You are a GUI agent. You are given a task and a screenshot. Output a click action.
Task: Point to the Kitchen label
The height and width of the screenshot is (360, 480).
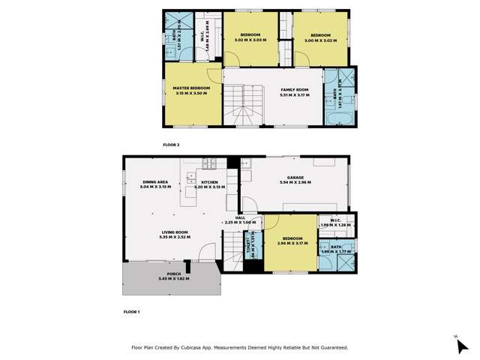coord(209,181)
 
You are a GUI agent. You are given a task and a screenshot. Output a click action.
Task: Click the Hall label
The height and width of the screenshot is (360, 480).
coord(240,217)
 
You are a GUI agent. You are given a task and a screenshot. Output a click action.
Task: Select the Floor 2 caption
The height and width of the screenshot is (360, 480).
coord(172,144)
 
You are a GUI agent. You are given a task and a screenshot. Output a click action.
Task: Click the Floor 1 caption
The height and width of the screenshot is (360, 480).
coord(132,310)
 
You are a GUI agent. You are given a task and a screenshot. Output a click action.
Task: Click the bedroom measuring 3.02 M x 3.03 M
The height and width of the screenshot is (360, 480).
coord(250,37)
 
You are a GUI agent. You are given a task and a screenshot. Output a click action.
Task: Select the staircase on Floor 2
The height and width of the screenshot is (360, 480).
coord(244,105)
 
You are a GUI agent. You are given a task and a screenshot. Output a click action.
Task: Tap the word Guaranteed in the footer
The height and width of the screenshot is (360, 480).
coord(331,348)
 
